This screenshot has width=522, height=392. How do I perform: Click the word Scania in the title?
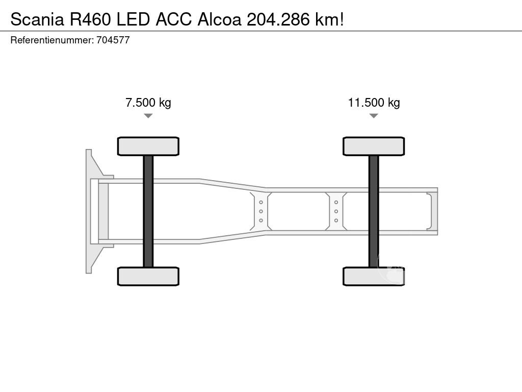point(37,19)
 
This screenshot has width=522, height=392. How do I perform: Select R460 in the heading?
point(90,19)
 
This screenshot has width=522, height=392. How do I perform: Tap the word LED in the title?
point(133,19)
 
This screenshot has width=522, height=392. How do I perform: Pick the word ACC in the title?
point(173,19)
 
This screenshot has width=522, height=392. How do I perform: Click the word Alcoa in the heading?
point(219,19)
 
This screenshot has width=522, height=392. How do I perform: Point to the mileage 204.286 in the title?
point(278,19)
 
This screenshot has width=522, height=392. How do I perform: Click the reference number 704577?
point(113,40)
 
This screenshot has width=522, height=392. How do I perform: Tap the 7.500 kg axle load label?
point(148,102)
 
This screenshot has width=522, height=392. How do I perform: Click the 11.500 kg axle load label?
point(374,102)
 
